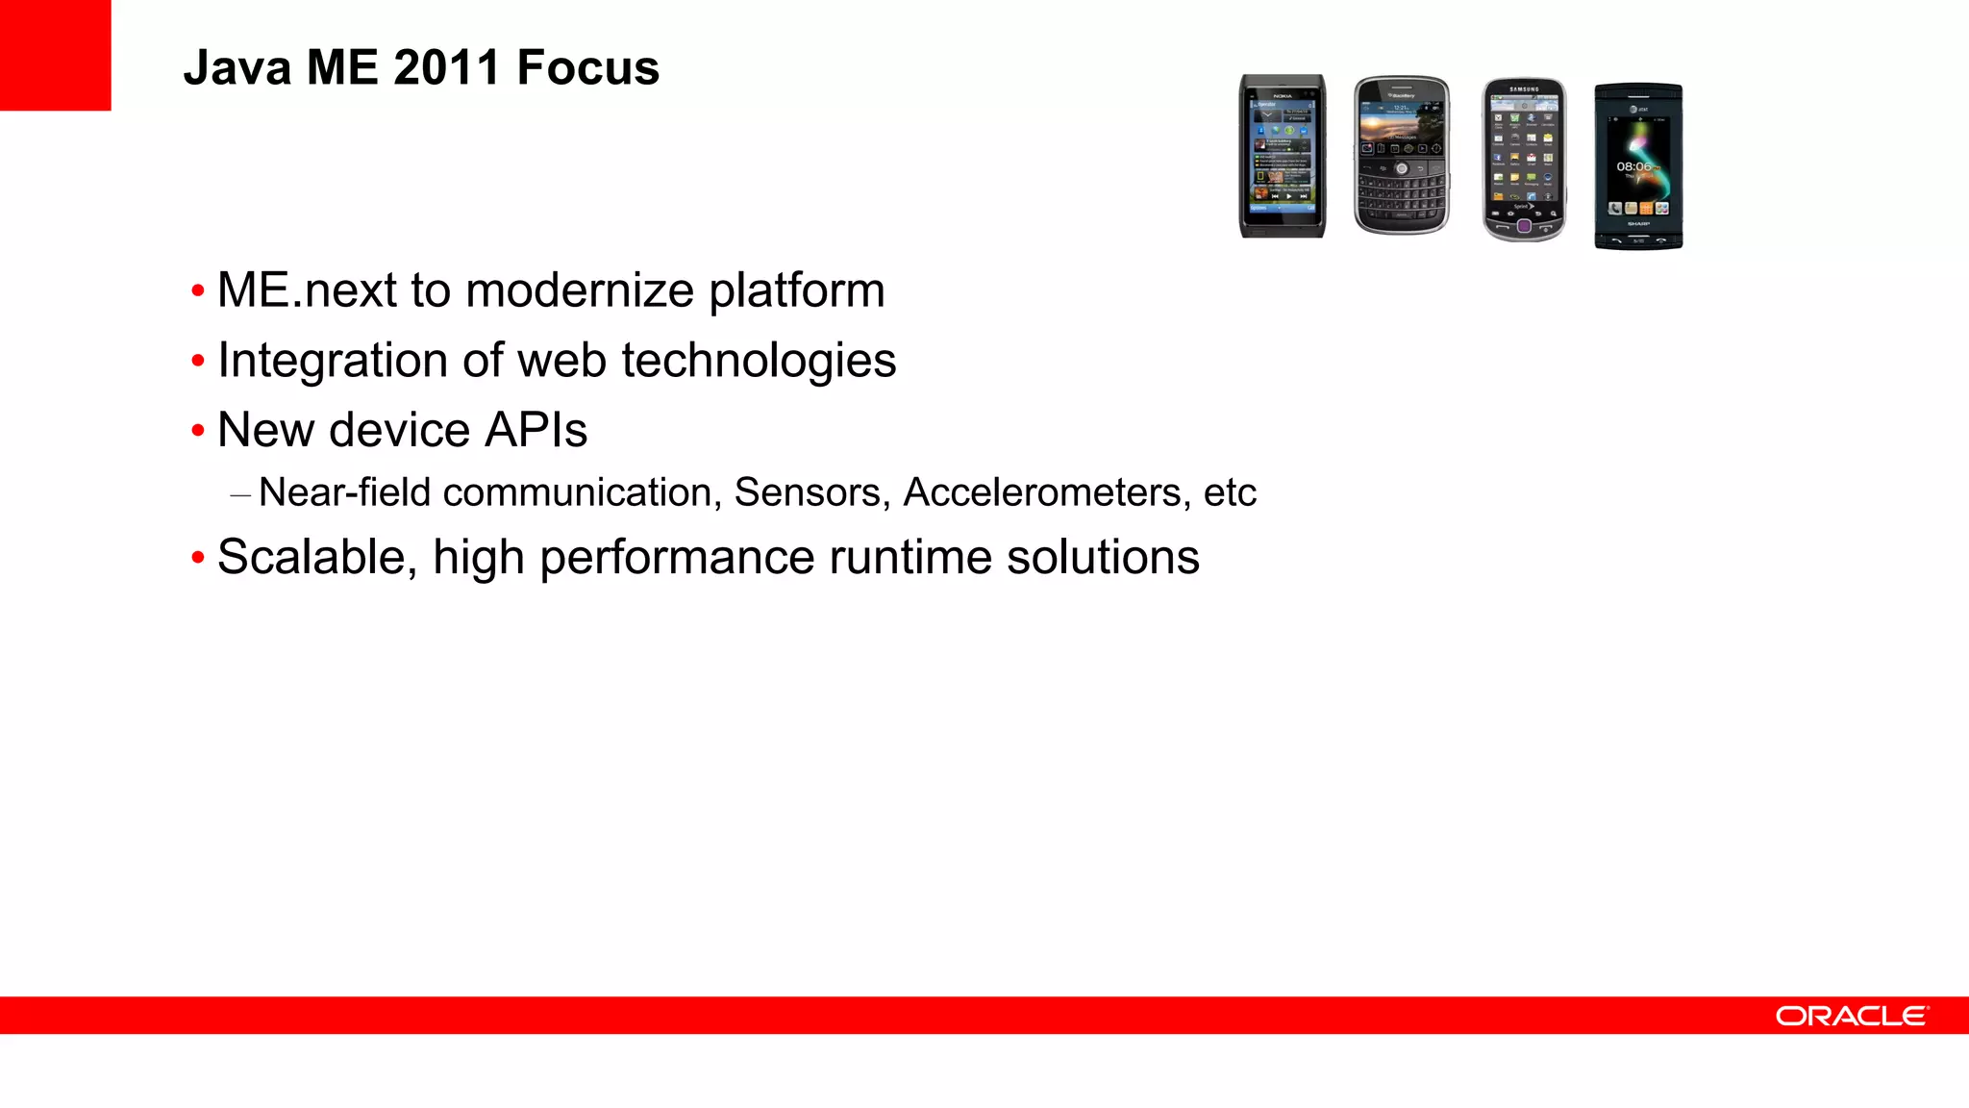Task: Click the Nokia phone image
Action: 1282,156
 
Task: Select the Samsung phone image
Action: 1524,160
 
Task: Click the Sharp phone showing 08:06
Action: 1638,165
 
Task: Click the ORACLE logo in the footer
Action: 1852,1017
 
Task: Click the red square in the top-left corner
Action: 55,55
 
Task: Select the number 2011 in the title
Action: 446,68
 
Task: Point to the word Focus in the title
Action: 587,68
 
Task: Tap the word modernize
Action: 580,290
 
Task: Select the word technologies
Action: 759,362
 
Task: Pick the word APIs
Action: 536,430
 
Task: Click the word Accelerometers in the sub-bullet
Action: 1042,492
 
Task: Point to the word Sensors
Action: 808,492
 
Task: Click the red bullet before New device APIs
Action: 198,431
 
